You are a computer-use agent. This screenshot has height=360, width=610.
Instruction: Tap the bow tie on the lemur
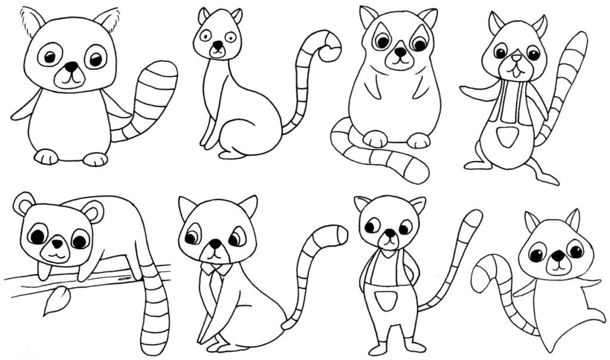click(x=215, y=269)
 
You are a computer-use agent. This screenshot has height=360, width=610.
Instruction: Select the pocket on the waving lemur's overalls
click(x=506, y=136)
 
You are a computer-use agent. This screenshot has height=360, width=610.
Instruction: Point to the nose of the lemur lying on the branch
click(x=57, y=244)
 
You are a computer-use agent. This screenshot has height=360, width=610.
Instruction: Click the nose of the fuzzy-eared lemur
click(x=71, y=67)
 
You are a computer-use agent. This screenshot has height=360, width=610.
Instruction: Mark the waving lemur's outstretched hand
click(x=468, y=91)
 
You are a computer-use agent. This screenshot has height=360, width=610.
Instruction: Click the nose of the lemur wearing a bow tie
click(x=214, y=243)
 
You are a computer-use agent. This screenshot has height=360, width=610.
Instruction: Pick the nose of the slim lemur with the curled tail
click(x=218, y=45)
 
